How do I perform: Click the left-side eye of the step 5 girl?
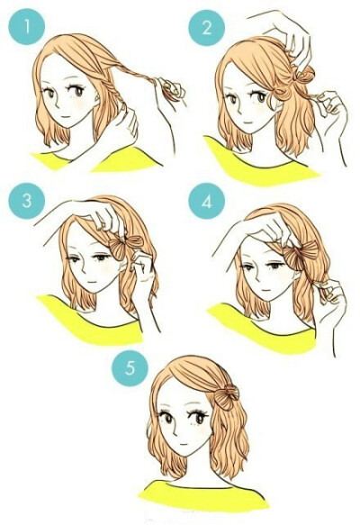(167, 419)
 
